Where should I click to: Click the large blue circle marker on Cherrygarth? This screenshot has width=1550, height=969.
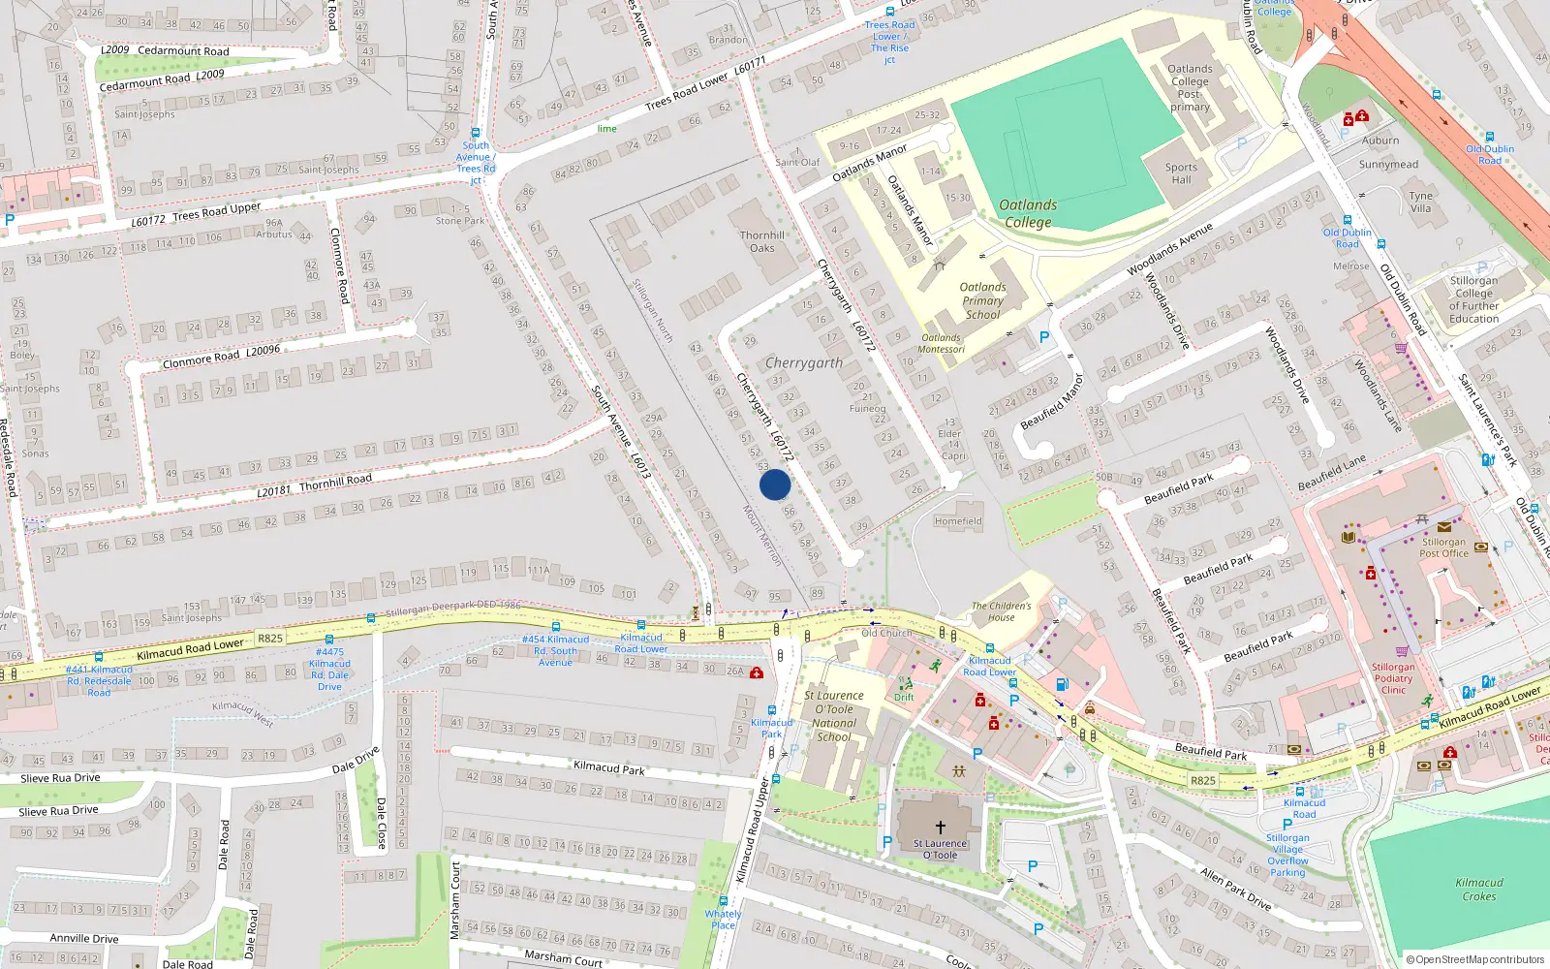(775, 484)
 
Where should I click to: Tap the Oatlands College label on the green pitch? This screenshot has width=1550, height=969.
(1028, 213)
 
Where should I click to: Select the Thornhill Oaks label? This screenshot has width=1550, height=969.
(762, 241)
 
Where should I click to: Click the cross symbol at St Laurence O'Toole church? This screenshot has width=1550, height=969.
(940, 828)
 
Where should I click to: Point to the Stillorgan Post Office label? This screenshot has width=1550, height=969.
(1443, 548)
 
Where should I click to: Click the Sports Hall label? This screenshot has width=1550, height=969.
(1181, 173)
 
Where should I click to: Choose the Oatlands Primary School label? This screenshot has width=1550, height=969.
(982, 300)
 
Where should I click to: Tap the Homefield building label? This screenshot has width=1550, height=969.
(958, 521)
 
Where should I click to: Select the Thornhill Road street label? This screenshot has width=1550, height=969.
(315, 485)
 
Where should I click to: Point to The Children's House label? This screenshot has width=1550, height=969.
(1002, 611)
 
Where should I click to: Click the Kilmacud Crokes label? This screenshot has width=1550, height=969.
(1479, 890)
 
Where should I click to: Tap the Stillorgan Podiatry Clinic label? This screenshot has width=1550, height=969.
(1393, 678)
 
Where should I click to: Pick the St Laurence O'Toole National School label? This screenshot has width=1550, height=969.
(834, 716)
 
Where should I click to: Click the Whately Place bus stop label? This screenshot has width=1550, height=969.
(723, 920)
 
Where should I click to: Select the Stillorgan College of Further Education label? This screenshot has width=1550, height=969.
(1473, 299)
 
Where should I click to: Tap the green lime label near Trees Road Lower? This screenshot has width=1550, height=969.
(606, 129)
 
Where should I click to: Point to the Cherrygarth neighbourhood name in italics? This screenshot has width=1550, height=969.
(804, 363)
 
